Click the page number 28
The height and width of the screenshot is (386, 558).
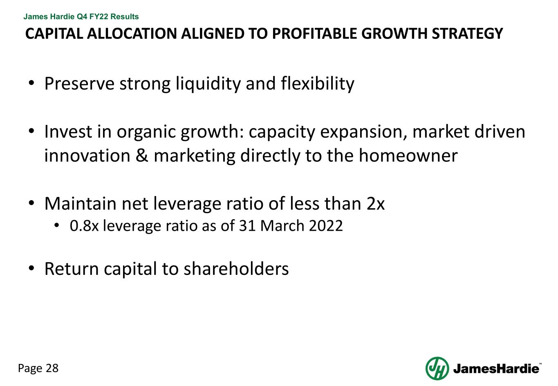52,368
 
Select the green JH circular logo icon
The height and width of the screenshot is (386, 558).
437,368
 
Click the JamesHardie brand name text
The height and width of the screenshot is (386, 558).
496,369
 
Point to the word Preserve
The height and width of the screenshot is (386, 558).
79,84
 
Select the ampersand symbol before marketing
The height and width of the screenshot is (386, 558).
141,156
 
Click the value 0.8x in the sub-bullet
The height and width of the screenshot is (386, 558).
84,225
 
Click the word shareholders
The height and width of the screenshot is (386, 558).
236,269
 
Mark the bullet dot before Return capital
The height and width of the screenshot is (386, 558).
31,269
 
